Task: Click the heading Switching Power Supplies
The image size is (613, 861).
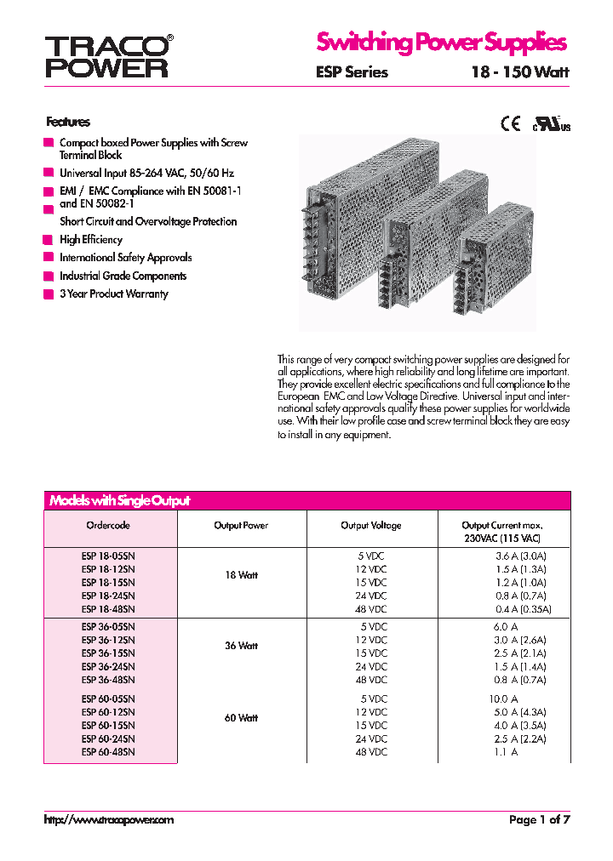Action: click(441, 42)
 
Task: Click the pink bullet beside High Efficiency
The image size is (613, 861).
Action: click(48, 240)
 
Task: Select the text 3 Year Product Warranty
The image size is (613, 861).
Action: click(113, 294)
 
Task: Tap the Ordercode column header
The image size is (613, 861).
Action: click(108, 526)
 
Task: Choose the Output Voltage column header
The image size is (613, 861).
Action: click(370, 526)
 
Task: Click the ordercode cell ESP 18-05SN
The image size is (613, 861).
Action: click(108, 555)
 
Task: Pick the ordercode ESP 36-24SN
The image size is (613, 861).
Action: click(108, 667)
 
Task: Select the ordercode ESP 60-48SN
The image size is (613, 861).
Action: click(108, 752)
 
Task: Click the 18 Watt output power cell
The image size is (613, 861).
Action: click(241, 575)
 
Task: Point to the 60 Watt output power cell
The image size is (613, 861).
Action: click(241, 718)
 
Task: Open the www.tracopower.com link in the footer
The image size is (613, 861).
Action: click(108, 820)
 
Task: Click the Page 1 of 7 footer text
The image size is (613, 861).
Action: click(539, 820)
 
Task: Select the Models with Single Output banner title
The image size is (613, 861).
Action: click(119, 501)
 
